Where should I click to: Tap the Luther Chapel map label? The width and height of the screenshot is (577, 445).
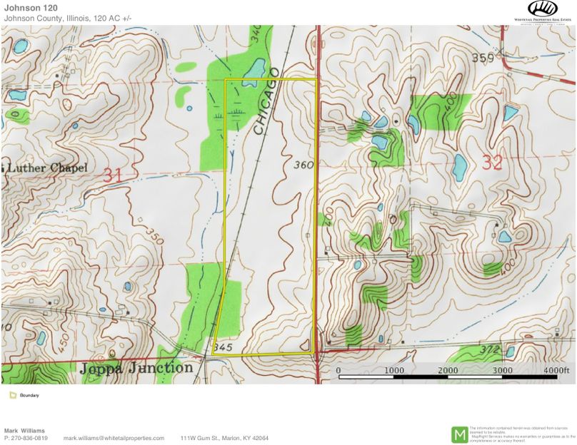tap(47, 168)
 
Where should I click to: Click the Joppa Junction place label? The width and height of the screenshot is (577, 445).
tap(136, 368)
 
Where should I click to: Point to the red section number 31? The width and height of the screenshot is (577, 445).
tap(112, 174)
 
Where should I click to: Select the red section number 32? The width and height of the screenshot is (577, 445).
tap(492, 163)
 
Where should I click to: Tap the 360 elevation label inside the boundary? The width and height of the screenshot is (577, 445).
tap(303, 165)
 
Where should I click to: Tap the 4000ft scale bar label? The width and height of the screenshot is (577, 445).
tap(557, 371)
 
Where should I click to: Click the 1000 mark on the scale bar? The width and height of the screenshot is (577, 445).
tap(393, 371)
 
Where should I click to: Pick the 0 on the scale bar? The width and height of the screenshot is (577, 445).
tap(338, 371)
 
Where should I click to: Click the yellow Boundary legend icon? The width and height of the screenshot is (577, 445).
tap(13, 395)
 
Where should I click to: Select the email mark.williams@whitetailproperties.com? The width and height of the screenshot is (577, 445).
tap(114, 438)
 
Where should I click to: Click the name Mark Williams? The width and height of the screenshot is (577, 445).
tap(24, 431)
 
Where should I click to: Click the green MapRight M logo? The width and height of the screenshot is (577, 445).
tap(459, 434)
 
